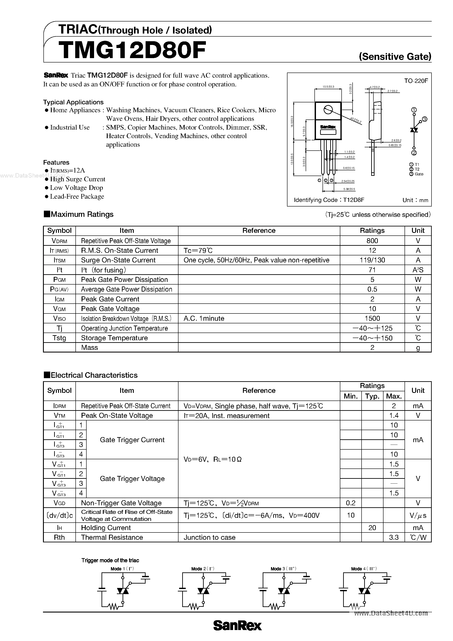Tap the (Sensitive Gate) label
[395, 57]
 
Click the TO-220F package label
[416, 81]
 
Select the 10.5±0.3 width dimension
[328, 87]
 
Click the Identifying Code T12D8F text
[329, 200]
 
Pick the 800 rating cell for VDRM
[372, 241]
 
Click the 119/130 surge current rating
[372, 260]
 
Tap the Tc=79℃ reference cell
[198, 250]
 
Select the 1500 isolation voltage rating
[372, 318]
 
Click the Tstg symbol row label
[59, 338]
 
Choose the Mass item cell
[90, 348]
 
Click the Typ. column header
[372, 396]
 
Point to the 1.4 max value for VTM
[394, 415]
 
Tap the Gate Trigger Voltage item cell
[132, 479]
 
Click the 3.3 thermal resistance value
[394, 538]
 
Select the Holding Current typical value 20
[372, 528]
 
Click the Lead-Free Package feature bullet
[77, 197]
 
